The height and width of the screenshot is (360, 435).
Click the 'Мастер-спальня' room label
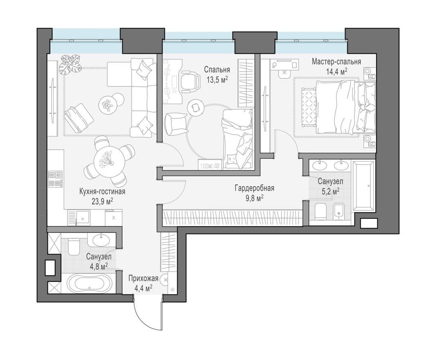click(x=336, y=61)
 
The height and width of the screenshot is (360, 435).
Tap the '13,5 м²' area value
click(x=217, y=80)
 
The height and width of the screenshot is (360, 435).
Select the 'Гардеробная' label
click(x=255, y=188)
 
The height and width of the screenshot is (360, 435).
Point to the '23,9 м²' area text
click(x=103, y=201)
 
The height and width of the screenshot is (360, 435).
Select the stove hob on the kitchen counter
click(x=55, y=179)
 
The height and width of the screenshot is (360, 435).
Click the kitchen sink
click(x=82, y=217)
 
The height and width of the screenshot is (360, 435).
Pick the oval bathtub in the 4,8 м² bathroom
click(x=89, y=283)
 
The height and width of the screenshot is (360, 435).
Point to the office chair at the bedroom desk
click(x=191, y=80)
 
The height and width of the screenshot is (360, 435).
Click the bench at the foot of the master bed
click(x=309, y=106)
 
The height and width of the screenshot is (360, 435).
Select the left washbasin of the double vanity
click(x=320, y=166)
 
